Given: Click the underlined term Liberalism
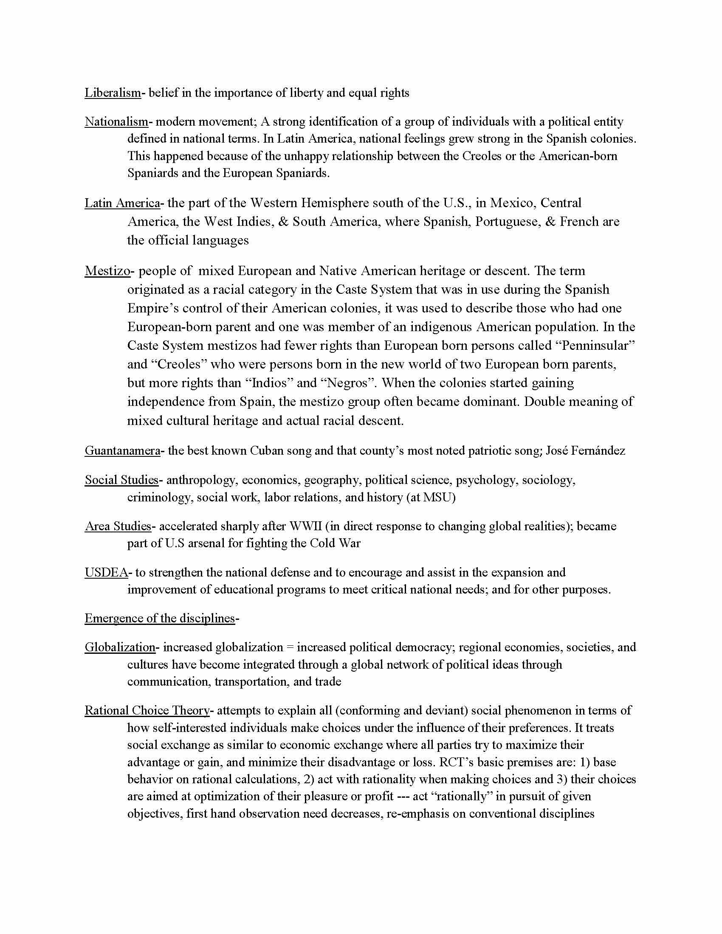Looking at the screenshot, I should click(x=113, y=93).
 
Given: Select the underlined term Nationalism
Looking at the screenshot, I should click(x=116, y=122).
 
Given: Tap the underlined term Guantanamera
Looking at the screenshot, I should click(x=122, y=451).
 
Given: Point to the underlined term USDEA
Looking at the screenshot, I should click(x=106, y=572).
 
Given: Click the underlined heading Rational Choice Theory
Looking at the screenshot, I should click(x=147, y=711).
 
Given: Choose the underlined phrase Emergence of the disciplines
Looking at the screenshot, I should click(x=160, y=619).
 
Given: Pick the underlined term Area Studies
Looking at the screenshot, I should click(x=118, y=526).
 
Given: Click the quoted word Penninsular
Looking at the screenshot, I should click(x=598, y=346).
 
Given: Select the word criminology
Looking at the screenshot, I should click(x=159, y=498).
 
